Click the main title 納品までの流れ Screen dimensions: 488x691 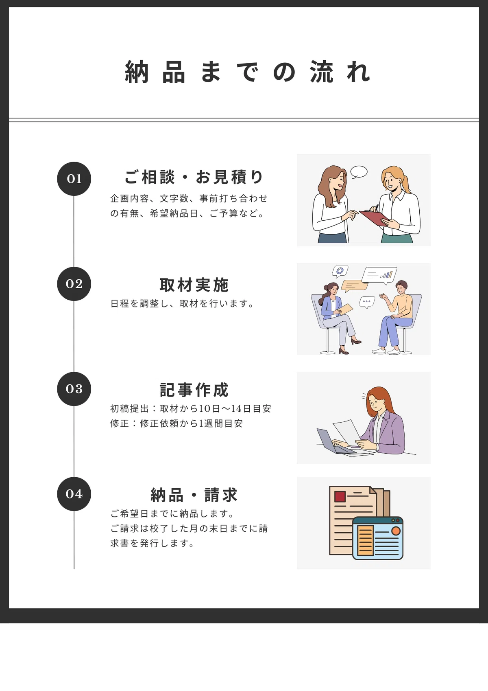[247, 72]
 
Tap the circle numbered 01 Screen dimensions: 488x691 [74, 179]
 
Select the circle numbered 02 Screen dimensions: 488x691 [74, 284]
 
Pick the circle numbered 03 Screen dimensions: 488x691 [74, 389]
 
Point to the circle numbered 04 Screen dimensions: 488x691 [74, 494]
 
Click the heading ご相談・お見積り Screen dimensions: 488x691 [194, 177]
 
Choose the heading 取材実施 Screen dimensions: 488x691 [194, 285]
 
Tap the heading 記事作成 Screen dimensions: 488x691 [194, 390]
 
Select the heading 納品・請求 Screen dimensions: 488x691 [194, 495]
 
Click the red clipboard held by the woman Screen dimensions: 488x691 [374, 217]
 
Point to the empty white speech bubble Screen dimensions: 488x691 [359, 172]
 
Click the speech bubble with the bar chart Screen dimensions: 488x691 [379, 274]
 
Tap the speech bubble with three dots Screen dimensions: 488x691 [367, 302]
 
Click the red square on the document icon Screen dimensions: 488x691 [340, 497]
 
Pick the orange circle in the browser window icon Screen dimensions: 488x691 [396, 531]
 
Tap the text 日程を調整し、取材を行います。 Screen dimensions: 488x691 [183, 303]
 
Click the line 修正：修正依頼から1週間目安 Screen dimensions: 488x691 [176, 423]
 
